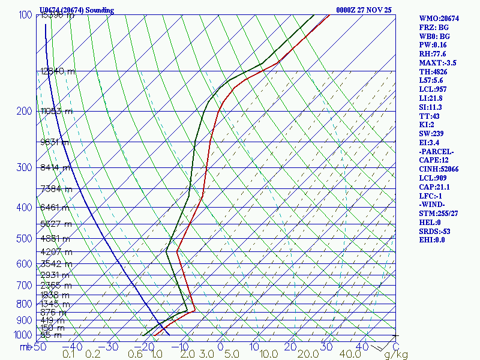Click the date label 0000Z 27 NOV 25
tap(364, 10)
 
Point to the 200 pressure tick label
tap(24, 112)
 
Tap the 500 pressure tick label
tap(24, 239)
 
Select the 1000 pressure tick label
tap(22, 335)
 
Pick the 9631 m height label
tap(54, 142)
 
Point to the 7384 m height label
tap(56, 190)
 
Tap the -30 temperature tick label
tap(111, 347)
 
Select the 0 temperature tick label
tap(220, 347)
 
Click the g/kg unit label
tap(396, 355)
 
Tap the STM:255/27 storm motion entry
tap(440, 213)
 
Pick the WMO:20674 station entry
tap(439, 19)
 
